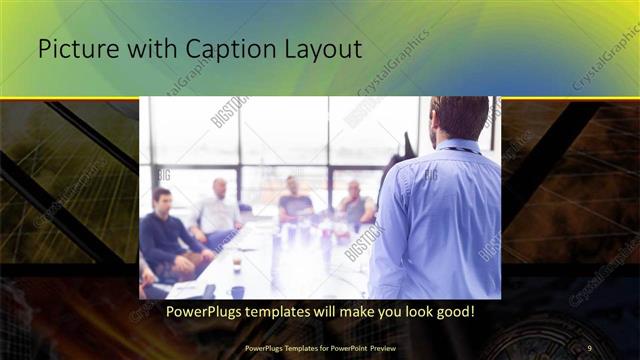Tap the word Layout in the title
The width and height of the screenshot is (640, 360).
321,49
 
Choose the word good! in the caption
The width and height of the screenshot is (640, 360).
452,312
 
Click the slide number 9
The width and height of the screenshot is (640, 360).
590,347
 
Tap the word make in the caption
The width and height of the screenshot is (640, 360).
354,312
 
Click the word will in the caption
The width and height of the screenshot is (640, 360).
327,312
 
